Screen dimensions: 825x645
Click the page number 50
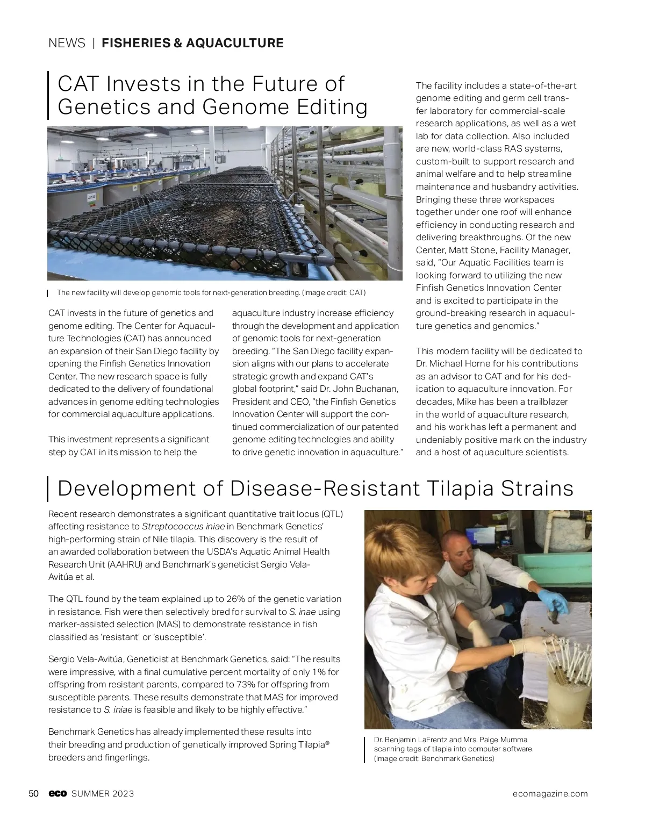pos(33,794)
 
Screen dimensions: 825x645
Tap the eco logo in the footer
pos(58,794)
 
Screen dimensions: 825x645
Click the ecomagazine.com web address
pos(550,794)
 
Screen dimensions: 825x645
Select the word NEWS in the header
pos(67,43)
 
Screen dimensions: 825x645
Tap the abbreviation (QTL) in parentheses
pos(329,514)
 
